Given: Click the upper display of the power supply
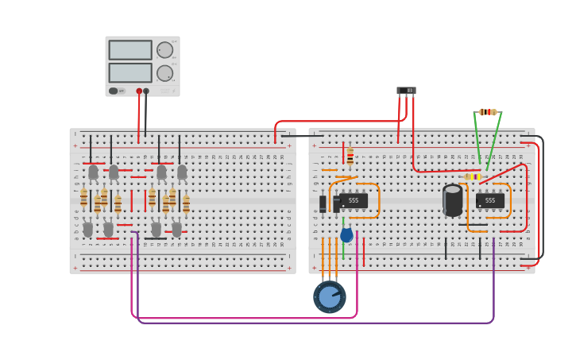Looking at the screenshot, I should pyautogui.click(x=130, y=50).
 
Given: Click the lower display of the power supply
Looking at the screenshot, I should pyautogui.click(x=130, y=73).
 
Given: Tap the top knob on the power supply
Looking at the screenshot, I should pyautogui.click(x=164, y=50).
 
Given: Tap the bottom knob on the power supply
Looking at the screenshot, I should pyautogui.click(x=164, y=73).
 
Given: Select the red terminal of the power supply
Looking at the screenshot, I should pyautogui.click(x=139, y=91).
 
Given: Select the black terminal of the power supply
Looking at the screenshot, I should pyautogui.click(x=146, y=91).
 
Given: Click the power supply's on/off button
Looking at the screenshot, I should pyautogui.click(x=114, y=91).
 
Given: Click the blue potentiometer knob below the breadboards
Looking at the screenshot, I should pyautogui.click(x=329, y=297).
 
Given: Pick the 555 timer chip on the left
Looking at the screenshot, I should pyautogui.click(x=353, y=201).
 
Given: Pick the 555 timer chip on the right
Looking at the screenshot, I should pyautogui.click(x=489, y=201).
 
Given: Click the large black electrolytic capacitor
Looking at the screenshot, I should pyautogui.click(x=453, y=200).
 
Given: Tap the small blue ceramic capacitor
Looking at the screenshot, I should pyautogui.click(x=346, y=234).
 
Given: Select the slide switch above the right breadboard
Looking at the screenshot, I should pyautogui.click(x=406, y=91).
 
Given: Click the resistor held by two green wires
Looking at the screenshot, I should pyautogui.click(x=488, y=112).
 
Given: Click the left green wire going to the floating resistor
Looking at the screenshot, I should pyautogui.click(x=477, y=139).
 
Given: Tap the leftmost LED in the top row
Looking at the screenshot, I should pyautogui.click(x=93, y=172).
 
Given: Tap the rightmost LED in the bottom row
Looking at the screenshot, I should pyautogui.click(x=176, y=229).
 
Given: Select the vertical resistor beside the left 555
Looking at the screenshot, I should pyautogui.click(x=350, y=155).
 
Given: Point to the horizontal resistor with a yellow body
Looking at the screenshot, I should pyautogui.click(x=472, y=176).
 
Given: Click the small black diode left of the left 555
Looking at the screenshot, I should pyautogui.click(x=323, y=203).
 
